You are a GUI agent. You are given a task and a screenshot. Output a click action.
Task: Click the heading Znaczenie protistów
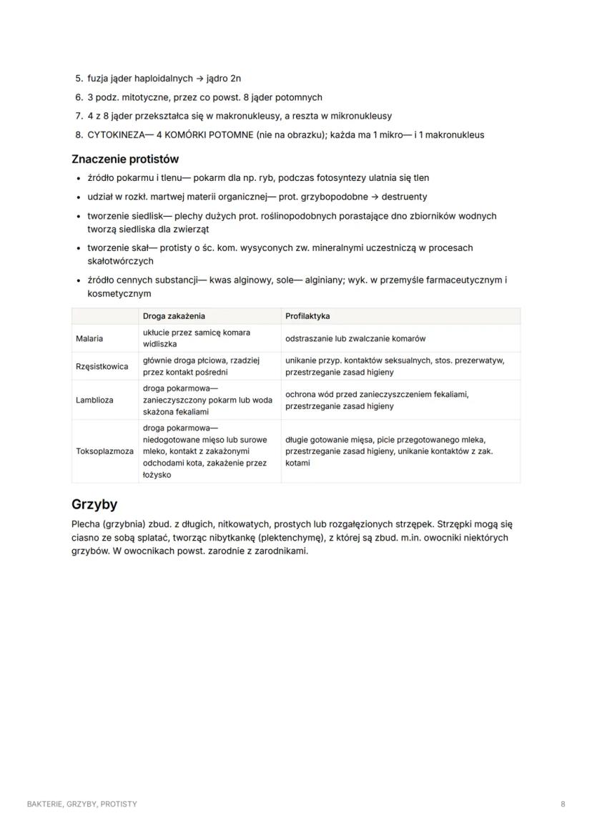[125, 159]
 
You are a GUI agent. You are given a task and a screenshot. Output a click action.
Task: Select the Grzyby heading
[94, 504]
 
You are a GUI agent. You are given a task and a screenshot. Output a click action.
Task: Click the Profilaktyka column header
[307, 315]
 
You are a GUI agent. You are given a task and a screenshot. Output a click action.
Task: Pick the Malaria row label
[89, 338]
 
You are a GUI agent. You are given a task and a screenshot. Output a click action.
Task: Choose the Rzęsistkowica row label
[102, 366]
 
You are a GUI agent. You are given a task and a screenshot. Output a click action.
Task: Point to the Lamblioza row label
[94, 400]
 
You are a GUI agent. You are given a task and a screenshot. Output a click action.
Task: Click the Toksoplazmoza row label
[104, 451]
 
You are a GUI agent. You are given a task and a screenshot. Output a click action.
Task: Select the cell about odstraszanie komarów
[355, 338]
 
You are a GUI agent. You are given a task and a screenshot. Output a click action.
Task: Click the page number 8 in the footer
[563, 804]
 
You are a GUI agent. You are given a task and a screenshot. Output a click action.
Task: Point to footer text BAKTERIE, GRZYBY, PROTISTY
[82, 804]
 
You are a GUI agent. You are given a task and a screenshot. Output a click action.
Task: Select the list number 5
[79, 79]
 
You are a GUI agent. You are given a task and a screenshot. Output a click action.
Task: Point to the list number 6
[79, 97]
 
